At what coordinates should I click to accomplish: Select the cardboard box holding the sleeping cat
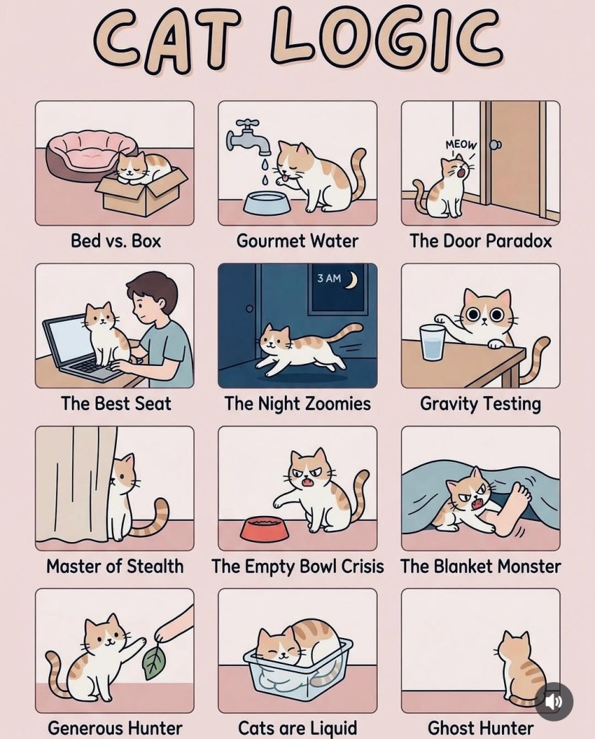coord(141,191)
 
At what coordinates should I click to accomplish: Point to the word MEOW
coord(461,144)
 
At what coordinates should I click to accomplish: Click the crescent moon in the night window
coord(352,280)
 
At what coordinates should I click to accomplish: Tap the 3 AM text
coord(329,278)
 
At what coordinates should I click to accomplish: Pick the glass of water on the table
coord(433,341)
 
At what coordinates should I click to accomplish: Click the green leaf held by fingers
coord(154,663)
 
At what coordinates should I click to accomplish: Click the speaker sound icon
coord(554,701)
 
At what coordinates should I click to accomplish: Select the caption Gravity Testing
coord(480,404)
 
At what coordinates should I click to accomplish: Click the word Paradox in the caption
coord(519,241)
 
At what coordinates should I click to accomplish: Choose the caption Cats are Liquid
coord(297,727)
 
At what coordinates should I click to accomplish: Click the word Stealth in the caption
coord(155,566)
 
